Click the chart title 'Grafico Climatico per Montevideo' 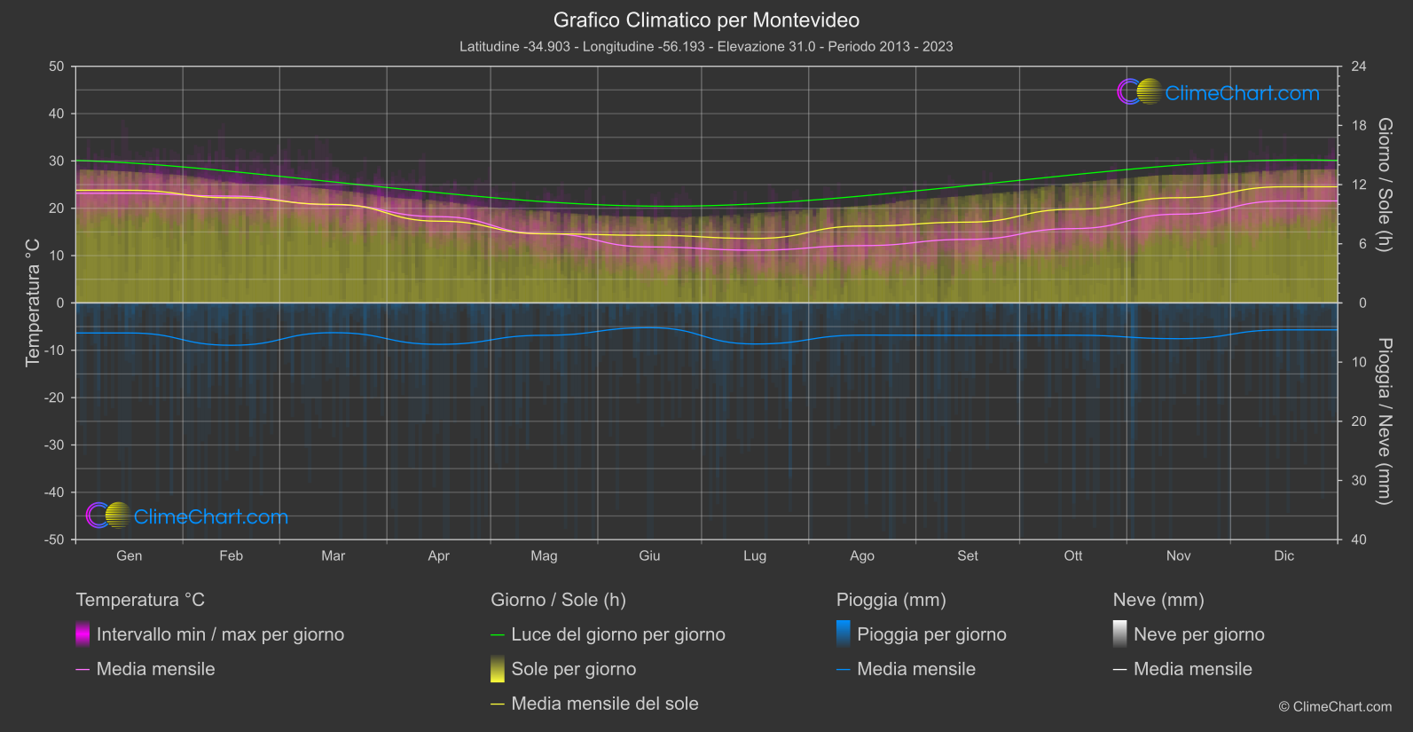coord(706,20)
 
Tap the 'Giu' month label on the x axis coord(649,555)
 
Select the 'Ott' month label coord(1073,555)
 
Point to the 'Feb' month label coord(231,555)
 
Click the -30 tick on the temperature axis coord(55,445)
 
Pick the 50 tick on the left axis coord(57,67)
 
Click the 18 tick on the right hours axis coord(1359,126)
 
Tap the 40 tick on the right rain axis coord(1359,539)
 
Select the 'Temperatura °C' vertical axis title coord(33,302)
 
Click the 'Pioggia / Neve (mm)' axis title coord(1385,421)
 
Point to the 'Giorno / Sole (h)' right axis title coord(1385,185)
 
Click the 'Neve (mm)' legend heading coord(1158,600)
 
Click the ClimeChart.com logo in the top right coord(1219,92)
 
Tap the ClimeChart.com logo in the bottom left coord(187,516)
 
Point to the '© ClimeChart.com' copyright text coord(1335,706)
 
